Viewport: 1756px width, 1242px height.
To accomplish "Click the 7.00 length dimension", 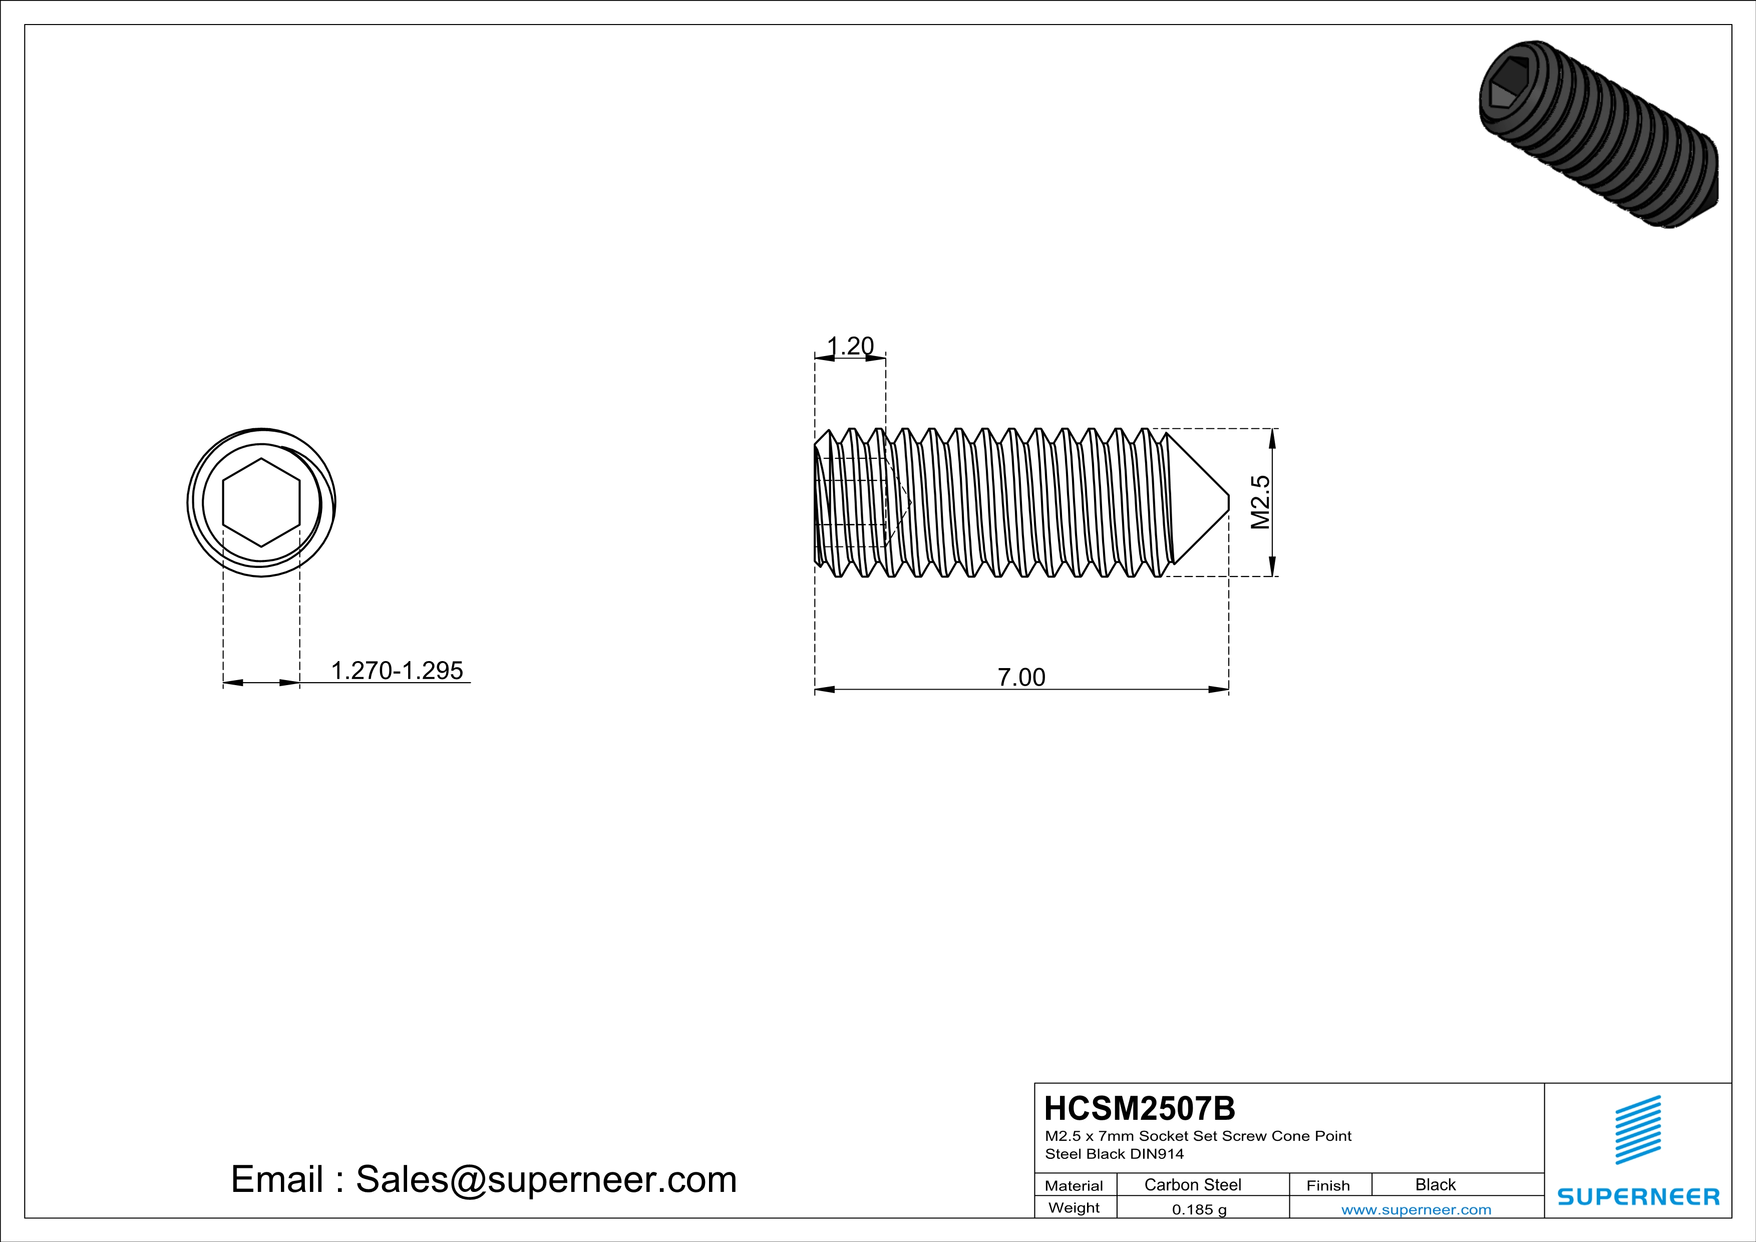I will point(1021,677).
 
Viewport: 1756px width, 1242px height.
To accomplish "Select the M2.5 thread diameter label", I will point(1260,502).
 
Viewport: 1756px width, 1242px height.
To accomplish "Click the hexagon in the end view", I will point(261,502).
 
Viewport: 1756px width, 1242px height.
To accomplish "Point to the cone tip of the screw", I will point(1227,502).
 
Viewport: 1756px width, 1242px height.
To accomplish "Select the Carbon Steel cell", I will point(1192,1184).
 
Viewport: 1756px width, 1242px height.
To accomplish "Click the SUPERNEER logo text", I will point(1638,1197).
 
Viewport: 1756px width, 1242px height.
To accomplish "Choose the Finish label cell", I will point(1328,1185).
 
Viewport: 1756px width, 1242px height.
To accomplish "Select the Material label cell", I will point(1074,1185).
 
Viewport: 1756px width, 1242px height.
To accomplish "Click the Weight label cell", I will point(1074,1207).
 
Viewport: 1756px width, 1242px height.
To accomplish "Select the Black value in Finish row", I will point(1435,1184).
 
